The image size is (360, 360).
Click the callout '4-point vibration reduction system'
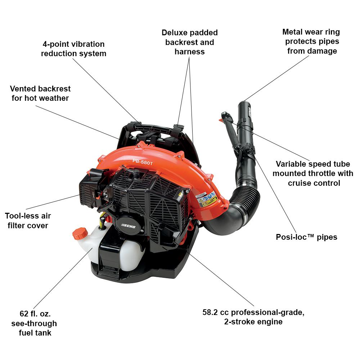tap(73, 49)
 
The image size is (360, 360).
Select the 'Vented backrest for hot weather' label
tap(40, 93)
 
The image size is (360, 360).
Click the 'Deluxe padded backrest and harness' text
tap(190, 42)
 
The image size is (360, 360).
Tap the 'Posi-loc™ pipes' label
tap(306, 237)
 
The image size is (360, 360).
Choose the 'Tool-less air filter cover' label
tap(28, 221)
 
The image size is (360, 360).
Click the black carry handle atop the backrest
tap(155, 128)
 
